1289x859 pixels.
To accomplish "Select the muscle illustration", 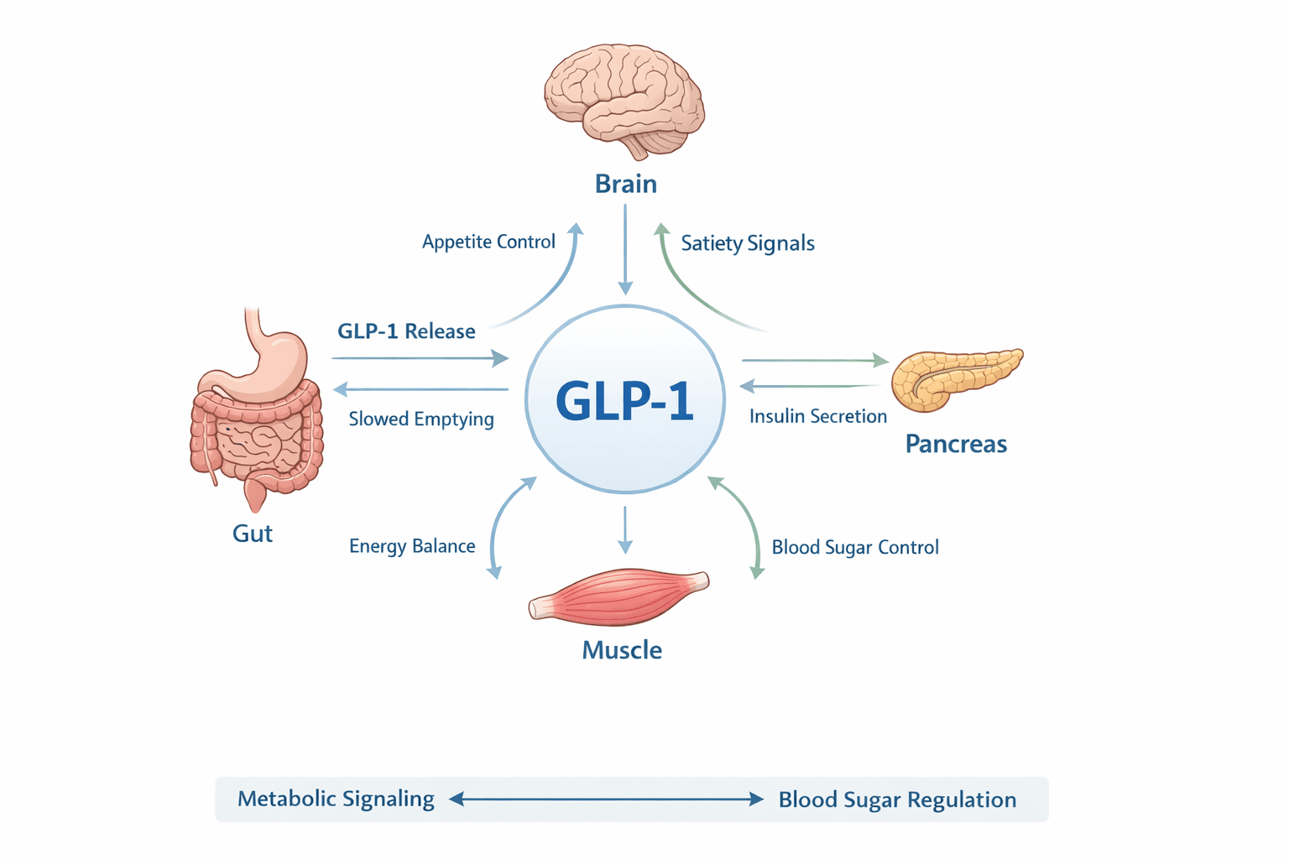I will tap(619, 596).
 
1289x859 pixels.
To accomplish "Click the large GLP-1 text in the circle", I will tap(624, 401).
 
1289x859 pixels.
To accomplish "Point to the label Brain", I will tap(625, 184).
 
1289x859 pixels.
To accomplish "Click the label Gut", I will tap(252, 534).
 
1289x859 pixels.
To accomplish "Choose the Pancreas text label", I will tap(955, 444).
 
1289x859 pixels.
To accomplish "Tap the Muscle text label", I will tap(622, 650).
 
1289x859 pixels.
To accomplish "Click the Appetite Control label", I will tap(488, 242).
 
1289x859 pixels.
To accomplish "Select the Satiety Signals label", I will tap(747, 243).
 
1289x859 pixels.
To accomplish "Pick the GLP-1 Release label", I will tap(406, 331).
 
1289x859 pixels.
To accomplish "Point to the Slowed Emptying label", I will tap(421, 419).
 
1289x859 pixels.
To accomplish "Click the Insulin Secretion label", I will tap(817, 416).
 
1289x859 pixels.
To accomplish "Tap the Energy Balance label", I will tap(412, 546).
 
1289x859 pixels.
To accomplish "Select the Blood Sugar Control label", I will tap(854, 547).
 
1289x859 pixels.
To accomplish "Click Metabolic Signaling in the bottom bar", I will tap(336, 799).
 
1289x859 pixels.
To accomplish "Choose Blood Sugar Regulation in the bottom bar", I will tap(897, 799).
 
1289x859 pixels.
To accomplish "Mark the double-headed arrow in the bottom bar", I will tap(606, 799).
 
